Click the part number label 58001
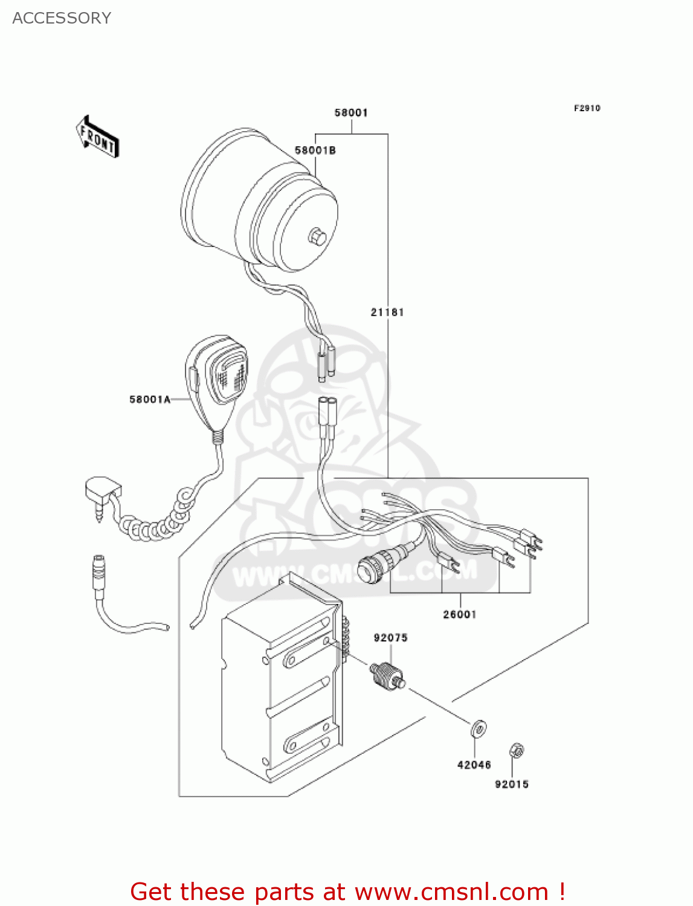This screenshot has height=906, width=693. (x=351, y=113)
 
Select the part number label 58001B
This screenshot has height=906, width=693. (x=315, y=150)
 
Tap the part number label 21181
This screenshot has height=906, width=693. (x=387, y=312)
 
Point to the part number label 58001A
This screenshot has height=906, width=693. (x=149, y=399)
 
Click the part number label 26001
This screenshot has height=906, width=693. (x=460, y=614)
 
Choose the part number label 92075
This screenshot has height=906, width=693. (x=390, y=638)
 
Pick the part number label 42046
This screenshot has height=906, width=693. (x=474, y=765)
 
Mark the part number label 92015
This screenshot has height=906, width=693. (x=512, y=784)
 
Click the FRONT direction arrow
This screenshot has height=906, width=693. (x=97, y=137)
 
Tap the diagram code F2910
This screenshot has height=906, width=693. (x=587, y=108)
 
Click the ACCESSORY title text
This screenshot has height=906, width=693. (x=62, y=18)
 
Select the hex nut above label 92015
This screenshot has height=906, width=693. (x=517, y=751)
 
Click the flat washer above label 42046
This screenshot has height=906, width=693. (x=479, y=729)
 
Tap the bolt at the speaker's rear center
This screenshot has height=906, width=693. (x=317, y=236)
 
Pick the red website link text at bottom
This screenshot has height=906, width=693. (x=347, y=892)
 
